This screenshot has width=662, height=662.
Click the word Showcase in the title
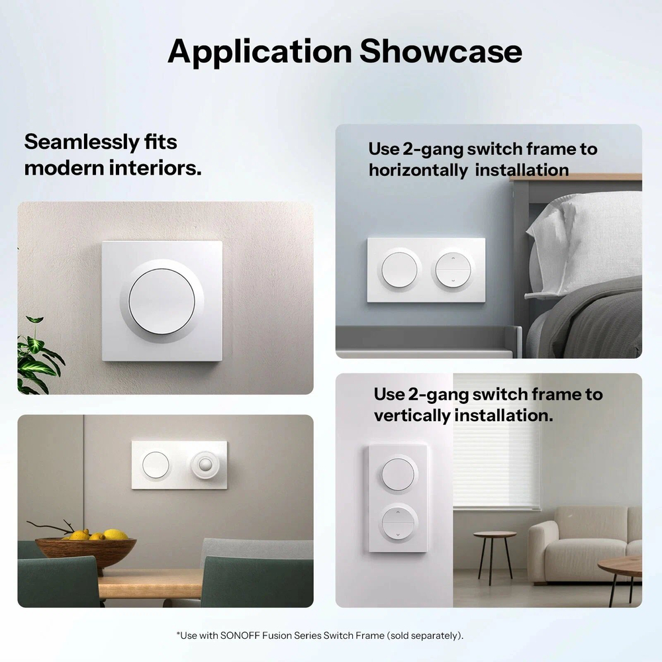point(440,52)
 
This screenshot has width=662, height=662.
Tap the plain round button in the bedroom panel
point(400,269)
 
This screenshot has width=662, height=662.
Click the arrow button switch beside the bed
point(453,269)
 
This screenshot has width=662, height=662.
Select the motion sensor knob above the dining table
point(205,465)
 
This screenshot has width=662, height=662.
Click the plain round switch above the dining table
point(156,465)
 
